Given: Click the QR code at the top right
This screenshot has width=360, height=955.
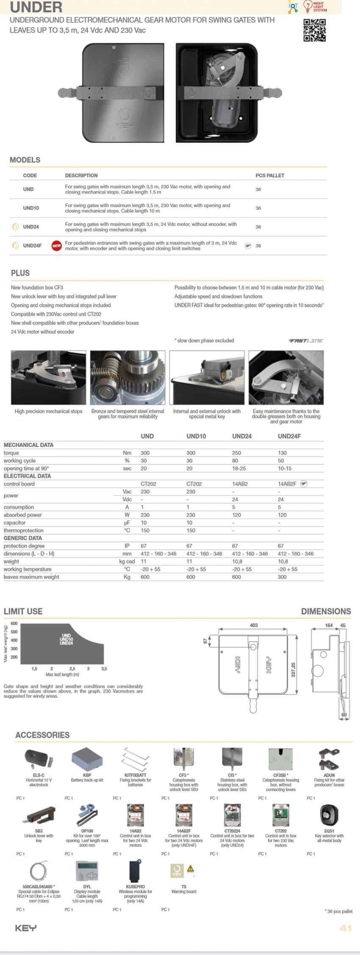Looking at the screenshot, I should (314, 30).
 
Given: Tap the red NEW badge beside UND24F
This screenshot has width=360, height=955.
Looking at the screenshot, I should (56, 246).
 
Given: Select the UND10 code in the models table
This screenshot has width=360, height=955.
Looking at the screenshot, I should (31, 208).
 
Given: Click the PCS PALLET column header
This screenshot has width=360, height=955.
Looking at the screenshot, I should (270, 175).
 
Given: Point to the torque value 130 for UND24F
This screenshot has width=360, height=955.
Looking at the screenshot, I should (282, 453).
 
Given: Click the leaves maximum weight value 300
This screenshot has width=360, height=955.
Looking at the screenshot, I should (282, 577).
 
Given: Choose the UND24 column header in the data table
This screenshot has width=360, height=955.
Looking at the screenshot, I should (242, 436).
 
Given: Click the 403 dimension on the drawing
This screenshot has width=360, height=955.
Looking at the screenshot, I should (254, 625).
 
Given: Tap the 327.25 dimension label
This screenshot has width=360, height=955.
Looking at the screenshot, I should (293, 670).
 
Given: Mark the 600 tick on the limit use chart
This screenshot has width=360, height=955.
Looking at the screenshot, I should (14, 623).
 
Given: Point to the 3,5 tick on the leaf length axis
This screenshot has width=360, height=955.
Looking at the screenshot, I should (104, 669).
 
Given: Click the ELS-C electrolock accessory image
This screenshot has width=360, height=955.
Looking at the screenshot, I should (39, 759).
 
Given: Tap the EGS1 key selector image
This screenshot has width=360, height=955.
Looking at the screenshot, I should (329, 814).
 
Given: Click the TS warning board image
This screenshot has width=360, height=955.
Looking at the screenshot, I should (183, 871).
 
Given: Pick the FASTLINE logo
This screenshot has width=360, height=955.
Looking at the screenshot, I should (306, 340).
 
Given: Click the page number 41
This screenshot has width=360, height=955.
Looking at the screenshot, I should (346, 928).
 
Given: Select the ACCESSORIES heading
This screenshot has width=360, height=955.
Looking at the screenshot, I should (42, 735).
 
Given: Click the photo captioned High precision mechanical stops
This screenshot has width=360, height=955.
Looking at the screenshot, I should (48, 377).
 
